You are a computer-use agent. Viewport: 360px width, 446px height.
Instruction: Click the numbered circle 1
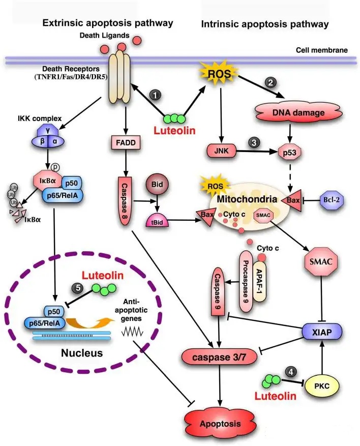pos(156,95)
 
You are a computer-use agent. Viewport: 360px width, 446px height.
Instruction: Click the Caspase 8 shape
pos(125,196)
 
